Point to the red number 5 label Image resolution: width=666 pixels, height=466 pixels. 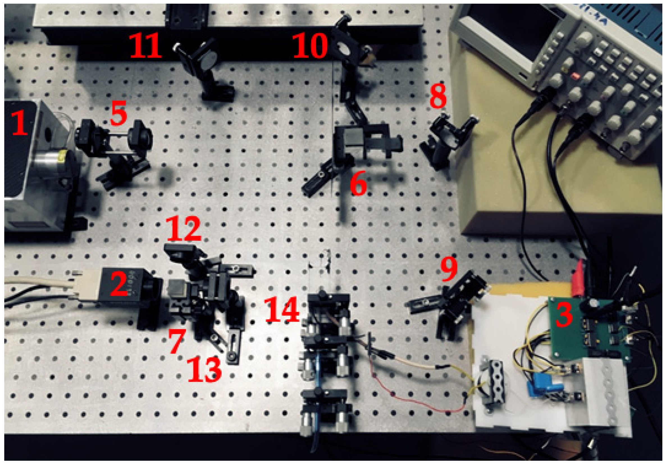pos(119,113)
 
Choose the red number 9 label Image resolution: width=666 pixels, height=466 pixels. pos(449,270)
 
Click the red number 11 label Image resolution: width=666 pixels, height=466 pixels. pos(145,46)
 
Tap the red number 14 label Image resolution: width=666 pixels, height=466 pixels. pos(281,309)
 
